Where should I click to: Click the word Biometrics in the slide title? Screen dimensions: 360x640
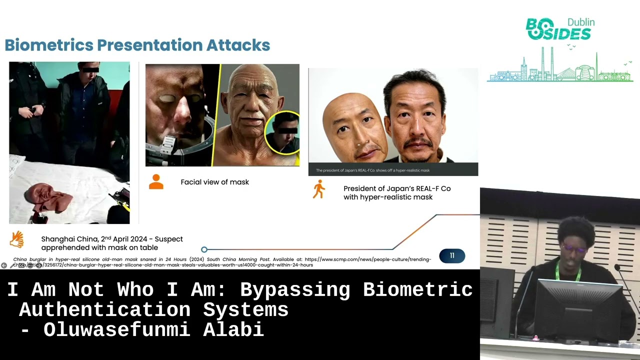coord(48,45)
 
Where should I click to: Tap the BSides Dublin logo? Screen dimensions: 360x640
coord(559,29)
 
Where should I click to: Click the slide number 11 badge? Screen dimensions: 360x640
coord(452,256)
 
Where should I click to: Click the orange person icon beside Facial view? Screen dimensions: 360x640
coord(156,182)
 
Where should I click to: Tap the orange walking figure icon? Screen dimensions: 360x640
coord(318,190)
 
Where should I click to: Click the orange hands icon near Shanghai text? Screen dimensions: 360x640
coord(17,239)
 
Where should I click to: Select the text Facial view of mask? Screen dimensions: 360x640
coord(214,182)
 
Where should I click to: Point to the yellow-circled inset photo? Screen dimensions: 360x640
coord(283,133)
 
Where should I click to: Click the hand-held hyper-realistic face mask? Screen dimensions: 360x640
coord(355,128)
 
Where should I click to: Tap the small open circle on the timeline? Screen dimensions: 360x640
coord(204,249)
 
